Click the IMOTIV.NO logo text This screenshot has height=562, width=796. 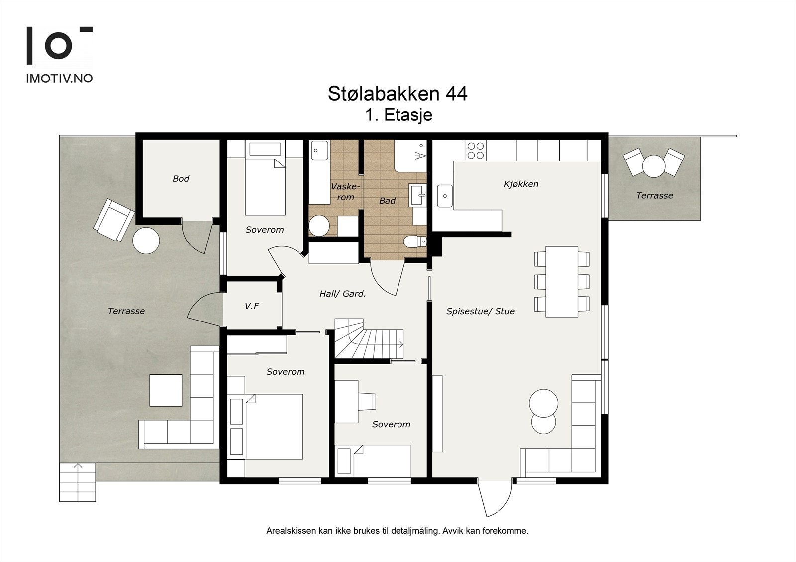59,79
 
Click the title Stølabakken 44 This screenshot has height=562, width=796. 398,94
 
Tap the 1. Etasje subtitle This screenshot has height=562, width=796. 398,115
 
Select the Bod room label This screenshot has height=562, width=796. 181,179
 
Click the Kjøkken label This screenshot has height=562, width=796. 521,184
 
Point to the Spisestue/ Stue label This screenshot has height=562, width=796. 480,312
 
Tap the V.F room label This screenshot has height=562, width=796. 252,306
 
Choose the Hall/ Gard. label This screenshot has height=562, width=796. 342,294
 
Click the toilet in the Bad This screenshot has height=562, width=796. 414,242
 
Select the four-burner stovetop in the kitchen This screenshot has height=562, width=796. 476,151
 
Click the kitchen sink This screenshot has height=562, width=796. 445,196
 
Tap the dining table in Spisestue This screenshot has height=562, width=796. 562,281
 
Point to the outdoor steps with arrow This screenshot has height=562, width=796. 77,482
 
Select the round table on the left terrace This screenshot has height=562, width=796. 146,241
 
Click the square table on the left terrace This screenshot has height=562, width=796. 166,390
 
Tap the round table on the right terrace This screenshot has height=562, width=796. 653,165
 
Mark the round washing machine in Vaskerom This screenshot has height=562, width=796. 319,225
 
